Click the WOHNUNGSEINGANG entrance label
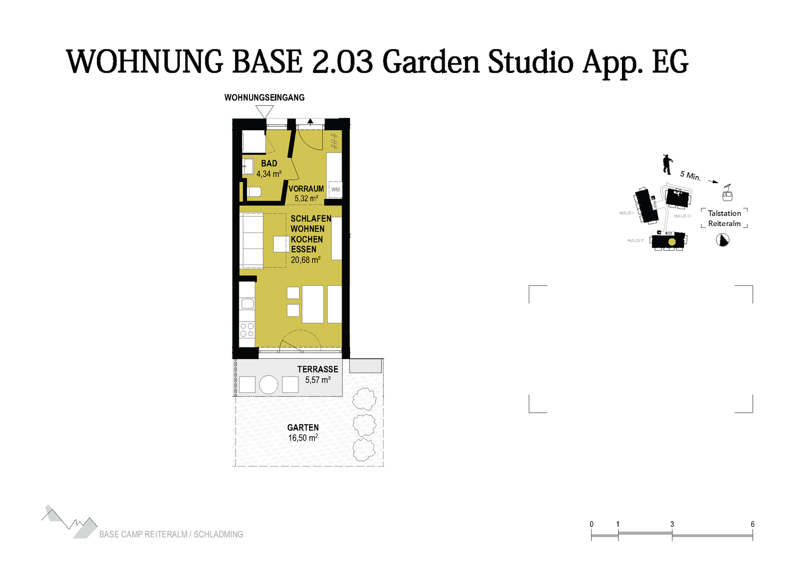pos(264,97)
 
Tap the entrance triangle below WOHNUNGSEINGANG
pos(265,112)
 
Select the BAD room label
pos(269,163)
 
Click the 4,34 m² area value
pos(269,174)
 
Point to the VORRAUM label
pos(306,189)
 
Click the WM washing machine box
pos(335,189)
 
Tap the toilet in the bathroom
pos(254,192)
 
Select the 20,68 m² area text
pos(305,260)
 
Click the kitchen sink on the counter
pos(247,304)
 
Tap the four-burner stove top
pos(247,329)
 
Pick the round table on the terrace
pos(268,385)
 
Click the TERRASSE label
pos(318,369)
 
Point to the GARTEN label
pos(303,428)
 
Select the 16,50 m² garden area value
pos(303,437)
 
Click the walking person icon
pos(667,164)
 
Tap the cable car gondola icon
pos(727,193)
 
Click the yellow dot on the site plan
pos(672,242)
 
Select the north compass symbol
pos(722,240)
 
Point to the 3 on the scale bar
pos(672,524)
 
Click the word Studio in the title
pos(530,62)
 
